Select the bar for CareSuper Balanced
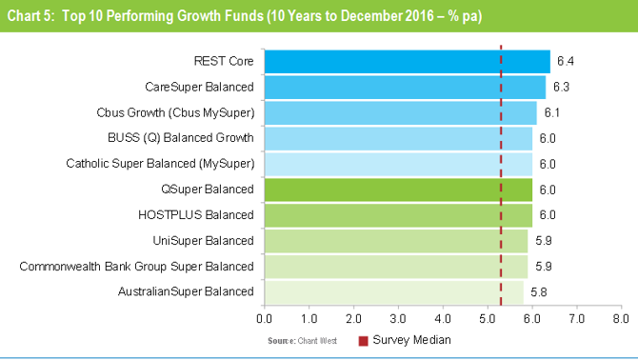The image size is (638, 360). tap(405, 87)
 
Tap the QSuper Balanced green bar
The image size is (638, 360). tap(398, 189)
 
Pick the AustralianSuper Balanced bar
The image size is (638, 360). tap(393, 290)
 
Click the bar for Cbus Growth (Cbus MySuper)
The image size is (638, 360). tap(400, 112)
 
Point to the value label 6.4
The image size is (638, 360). tap(565, 61)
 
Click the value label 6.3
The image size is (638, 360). tap(561, 87)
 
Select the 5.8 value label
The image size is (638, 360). tap(538, 290)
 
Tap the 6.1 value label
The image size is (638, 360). tap(551, 112)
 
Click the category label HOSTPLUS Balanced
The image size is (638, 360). tap(208, 214)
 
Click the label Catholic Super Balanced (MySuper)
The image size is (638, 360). tap(160, 164)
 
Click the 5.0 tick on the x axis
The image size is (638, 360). tap(487, 315)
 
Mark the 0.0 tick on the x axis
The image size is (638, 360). tap(265, 315)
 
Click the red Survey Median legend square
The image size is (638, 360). tap(363, 340)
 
